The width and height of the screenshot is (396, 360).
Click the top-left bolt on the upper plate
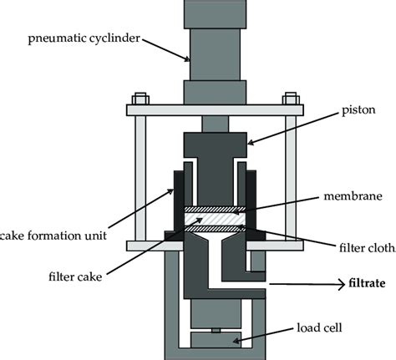(x=140, y=96)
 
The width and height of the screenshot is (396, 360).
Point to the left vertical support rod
(x=139, y=176)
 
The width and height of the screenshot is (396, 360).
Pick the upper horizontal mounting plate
(x=215, y=109)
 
